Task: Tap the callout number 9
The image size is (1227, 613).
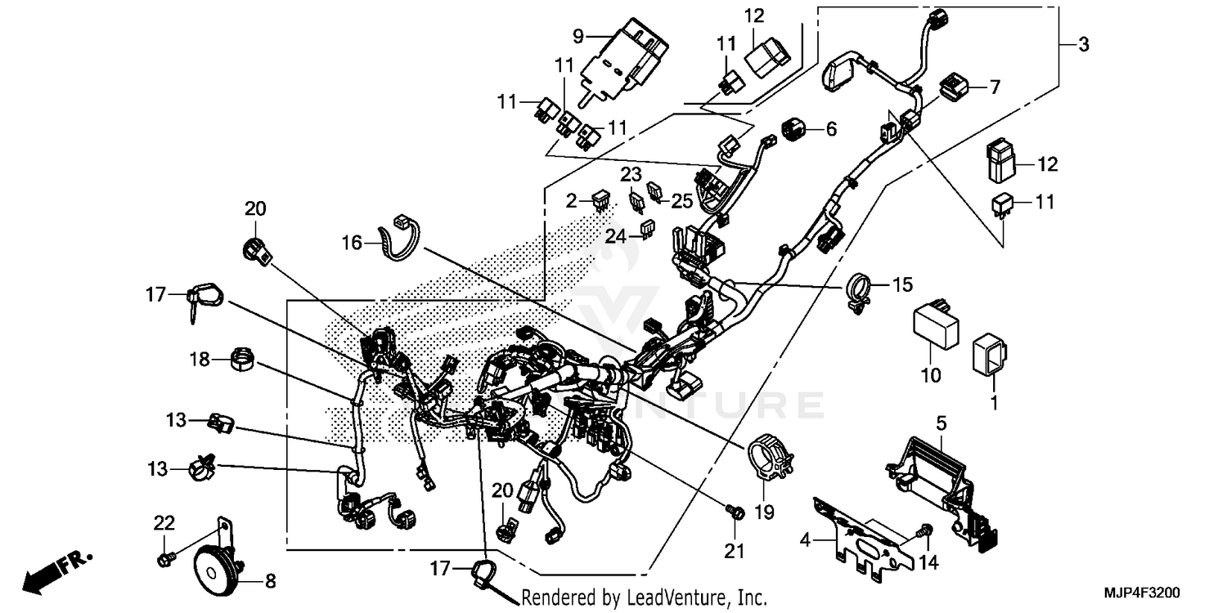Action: click(578, 36)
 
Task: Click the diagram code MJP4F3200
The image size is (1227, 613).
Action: click(1155, 590)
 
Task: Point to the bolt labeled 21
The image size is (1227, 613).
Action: click(735, 512)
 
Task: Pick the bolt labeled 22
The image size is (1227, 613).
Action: click(164, 559)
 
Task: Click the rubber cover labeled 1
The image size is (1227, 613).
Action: click(990, 356)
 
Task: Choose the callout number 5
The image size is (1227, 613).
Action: click(942, 423)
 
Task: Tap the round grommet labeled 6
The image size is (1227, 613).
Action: click(792, 128)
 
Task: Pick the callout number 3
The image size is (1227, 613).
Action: click(1083, 46)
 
